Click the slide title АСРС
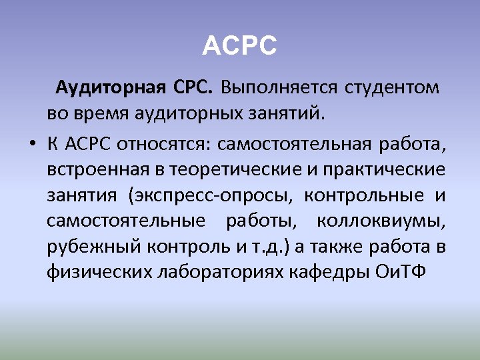(x=239, y=46)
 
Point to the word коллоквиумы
(x=381, y=221)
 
